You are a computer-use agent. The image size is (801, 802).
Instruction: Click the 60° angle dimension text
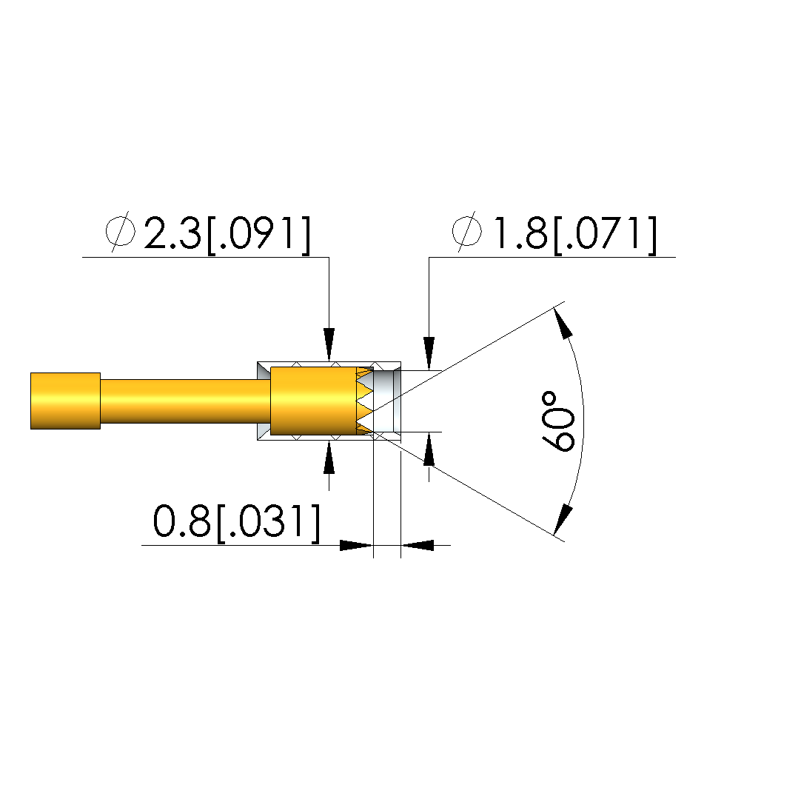[559, 421]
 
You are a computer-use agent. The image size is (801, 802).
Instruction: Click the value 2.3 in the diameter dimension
[172, 233]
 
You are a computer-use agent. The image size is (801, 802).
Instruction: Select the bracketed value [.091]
[258, 235]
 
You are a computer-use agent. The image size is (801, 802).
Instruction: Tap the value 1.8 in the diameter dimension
[520, 233]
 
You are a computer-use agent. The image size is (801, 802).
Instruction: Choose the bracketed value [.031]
[269, 523]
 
